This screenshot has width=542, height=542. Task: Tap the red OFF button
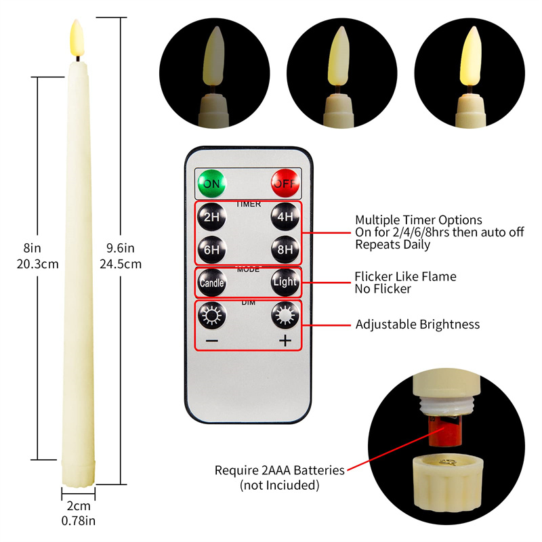click(285, 183)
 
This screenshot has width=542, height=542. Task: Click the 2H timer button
click(209, 217)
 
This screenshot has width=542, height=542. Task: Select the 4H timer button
click(285, 217)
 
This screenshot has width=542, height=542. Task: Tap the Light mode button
click(285, 282)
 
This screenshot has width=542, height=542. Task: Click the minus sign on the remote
click(211, 341)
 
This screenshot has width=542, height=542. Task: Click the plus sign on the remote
click(285, 341)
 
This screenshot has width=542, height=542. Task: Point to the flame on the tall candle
click(76, 39)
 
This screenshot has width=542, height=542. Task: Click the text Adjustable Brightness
click(417, 325)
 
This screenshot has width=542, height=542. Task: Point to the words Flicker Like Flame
click(405, 276)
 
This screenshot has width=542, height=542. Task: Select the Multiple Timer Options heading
click(418, 220)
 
